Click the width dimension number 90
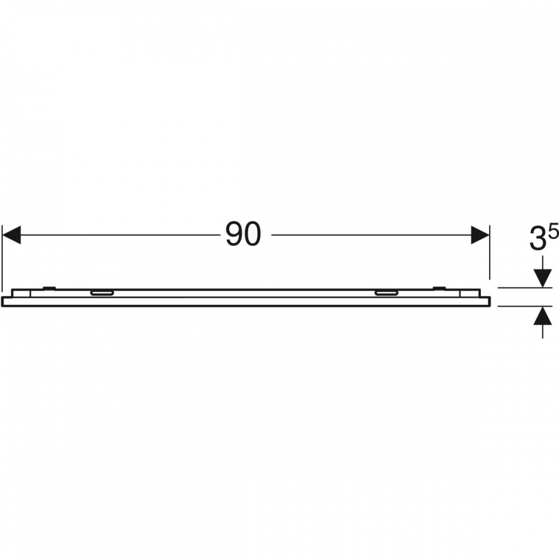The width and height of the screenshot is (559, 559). click(x=244, y=235)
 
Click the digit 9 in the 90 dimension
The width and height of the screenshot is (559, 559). click(x=234, y=235)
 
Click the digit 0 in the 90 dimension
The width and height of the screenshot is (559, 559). click(x=253, y=235)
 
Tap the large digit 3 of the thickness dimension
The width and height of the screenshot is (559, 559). click(x=538, y=239)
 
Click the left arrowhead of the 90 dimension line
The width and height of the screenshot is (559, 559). click(x=11, y=235)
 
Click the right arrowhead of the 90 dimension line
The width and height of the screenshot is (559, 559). click(x=480, y=235)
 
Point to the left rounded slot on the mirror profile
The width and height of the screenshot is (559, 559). click(x=102, y=293)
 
